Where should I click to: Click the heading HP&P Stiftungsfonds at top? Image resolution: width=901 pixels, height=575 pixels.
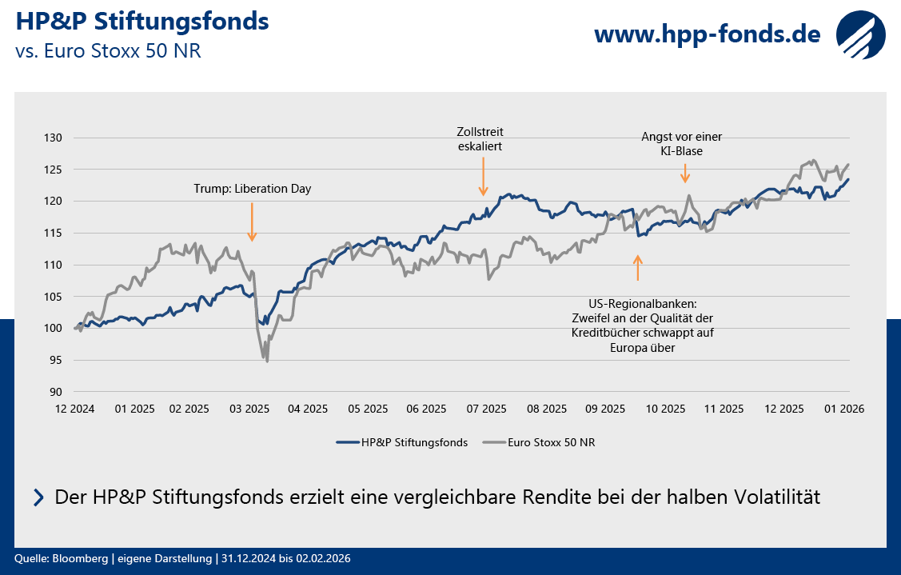[142, 22]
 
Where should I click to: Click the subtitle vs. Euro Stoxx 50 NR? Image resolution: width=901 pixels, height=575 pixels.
[108, 51]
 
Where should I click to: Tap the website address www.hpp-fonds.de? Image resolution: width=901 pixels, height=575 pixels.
[707, 34]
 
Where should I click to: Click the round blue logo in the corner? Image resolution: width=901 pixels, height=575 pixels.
[862, 34]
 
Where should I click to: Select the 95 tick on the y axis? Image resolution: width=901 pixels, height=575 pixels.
[55, 360]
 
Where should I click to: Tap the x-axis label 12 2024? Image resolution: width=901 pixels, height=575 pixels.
[75, 408]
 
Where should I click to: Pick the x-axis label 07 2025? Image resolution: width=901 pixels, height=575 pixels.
[487, 408]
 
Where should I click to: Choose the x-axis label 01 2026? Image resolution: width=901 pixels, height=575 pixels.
[844, 408]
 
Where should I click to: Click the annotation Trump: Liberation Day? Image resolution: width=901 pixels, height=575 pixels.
[252, 189]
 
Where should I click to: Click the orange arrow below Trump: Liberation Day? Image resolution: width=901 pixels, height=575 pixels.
[252, 222]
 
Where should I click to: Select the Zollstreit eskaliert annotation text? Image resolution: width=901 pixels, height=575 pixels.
[480, 138]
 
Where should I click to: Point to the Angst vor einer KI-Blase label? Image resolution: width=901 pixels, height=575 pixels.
[682, 143]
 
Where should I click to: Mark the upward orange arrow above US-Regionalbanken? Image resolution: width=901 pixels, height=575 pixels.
[637, 267]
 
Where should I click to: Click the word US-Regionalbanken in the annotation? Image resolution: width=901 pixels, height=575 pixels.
[642, 304]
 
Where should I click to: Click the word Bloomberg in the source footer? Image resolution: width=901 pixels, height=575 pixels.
[76, 558]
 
